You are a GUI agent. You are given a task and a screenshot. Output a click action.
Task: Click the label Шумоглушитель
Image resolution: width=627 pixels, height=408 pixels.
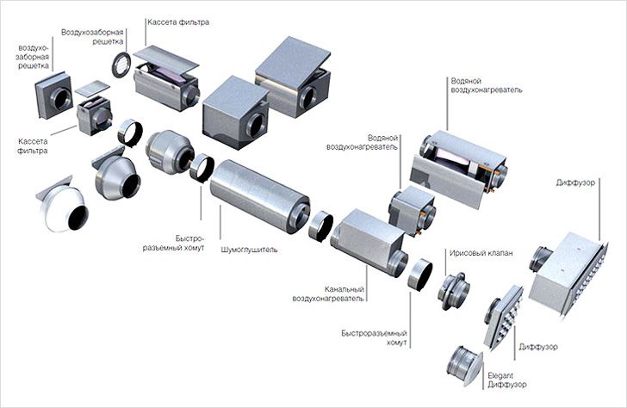249,250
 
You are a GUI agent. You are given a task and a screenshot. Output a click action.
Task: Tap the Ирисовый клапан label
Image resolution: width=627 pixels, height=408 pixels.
481,253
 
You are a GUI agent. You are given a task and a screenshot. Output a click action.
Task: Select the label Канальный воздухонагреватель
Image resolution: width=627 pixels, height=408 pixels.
328,294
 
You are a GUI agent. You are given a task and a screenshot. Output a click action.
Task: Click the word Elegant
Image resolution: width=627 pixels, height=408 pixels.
500,375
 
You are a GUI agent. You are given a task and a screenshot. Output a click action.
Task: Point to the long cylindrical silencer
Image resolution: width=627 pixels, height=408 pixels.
260,195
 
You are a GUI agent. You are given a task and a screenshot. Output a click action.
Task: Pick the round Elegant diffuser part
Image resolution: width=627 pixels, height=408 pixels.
465,366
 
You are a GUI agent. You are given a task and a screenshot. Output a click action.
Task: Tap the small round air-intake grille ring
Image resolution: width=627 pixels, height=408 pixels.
121,65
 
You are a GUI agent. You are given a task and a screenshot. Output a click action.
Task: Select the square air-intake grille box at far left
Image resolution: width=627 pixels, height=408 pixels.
54,96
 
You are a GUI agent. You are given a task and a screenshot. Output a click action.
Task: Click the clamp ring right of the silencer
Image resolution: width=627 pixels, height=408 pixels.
320,226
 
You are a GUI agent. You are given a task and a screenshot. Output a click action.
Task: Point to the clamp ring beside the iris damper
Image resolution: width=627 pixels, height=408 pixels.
420,275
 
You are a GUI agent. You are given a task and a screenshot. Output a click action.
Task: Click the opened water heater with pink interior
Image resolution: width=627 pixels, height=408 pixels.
459,168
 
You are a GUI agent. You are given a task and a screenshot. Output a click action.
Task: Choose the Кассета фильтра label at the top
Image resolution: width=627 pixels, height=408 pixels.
178,22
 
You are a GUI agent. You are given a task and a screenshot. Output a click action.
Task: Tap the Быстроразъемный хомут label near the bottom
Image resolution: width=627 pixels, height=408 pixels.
374,337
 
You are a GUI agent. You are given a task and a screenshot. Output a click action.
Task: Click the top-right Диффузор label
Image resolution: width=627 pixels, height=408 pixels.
575,182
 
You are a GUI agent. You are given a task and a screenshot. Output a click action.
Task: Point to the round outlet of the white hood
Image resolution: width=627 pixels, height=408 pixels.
78,219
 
